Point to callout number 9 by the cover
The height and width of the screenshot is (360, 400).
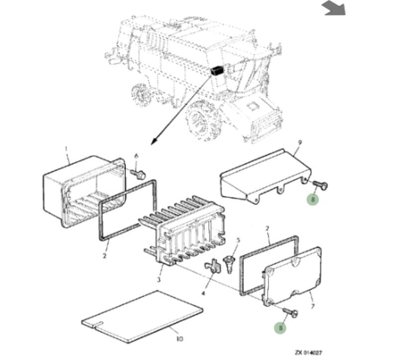(x=300, y=143)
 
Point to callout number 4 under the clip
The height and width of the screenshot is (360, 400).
(x=203, y=293)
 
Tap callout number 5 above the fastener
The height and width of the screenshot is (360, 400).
(x=238, y=241)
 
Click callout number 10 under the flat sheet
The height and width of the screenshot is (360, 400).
(x=179, y=339)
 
